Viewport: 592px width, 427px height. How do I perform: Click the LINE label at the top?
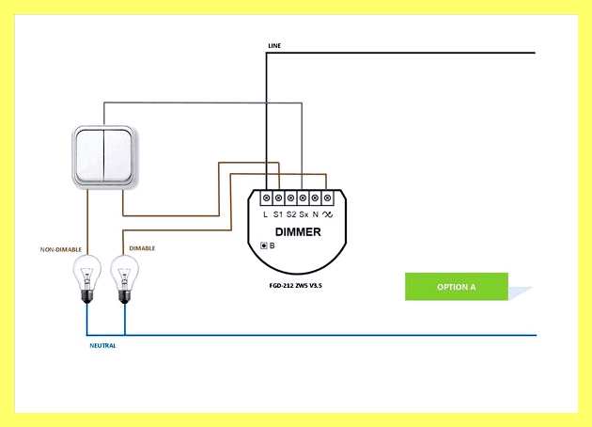(274, 46)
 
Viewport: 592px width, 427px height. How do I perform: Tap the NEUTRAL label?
(102, 346)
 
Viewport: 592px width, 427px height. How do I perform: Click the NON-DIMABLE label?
(61, 250)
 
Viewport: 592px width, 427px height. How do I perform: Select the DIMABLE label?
(142, 248)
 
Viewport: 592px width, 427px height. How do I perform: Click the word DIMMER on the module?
(298, 232)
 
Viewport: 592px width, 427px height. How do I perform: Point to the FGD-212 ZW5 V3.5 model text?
(296, 286)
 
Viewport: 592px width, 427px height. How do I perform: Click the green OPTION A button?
(457, 287)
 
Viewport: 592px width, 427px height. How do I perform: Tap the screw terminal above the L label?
(266, 198)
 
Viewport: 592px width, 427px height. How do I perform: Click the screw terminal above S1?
(279, 198)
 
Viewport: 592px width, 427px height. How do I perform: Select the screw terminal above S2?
(290, 198)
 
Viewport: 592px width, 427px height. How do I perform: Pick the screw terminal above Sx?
(303, 198)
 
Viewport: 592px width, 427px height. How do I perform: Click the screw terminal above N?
(315, 198)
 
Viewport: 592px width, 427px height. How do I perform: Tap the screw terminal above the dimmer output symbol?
(327, 198)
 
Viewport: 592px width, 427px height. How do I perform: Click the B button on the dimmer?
(264, 245)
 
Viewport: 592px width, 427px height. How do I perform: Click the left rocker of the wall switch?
(90, 155)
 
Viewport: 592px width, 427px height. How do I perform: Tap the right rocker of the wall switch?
(117, 155)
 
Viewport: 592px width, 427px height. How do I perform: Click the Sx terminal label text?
(304, 214)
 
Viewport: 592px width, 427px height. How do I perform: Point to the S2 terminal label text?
(291, 214)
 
